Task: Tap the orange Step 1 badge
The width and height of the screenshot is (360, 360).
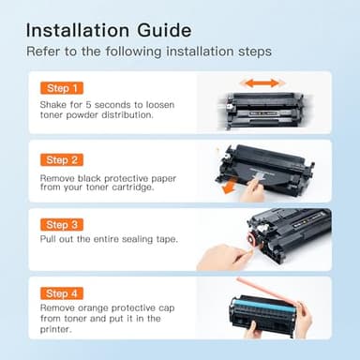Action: [62, 88]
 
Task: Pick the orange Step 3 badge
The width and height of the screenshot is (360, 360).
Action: [62, 226]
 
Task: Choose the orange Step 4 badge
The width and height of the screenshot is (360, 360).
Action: [62, 293]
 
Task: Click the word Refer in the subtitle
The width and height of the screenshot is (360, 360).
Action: [41, 51]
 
